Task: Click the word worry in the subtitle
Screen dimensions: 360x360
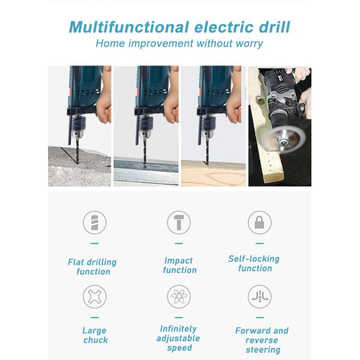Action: point(246,44)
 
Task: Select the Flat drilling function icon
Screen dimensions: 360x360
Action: point(94,223)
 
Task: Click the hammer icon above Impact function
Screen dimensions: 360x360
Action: point(178,223)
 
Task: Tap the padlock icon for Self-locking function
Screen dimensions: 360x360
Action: point(259,223)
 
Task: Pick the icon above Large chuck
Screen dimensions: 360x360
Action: point(94,296)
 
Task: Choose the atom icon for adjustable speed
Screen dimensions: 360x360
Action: point(178,296)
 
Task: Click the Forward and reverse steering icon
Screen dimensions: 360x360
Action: point(259,296)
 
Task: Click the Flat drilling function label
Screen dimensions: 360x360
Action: point(92,266)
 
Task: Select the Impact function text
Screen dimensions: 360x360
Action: point(179,265)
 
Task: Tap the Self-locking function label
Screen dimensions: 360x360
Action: point(254,263)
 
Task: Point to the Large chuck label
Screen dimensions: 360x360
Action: point(95,335)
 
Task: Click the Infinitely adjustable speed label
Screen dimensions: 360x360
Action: point(178,338)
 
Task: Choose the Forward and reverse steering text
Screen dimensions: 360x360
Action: point(262,340)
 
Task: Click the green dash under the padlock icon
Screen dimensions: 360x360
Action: point(259,244)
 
